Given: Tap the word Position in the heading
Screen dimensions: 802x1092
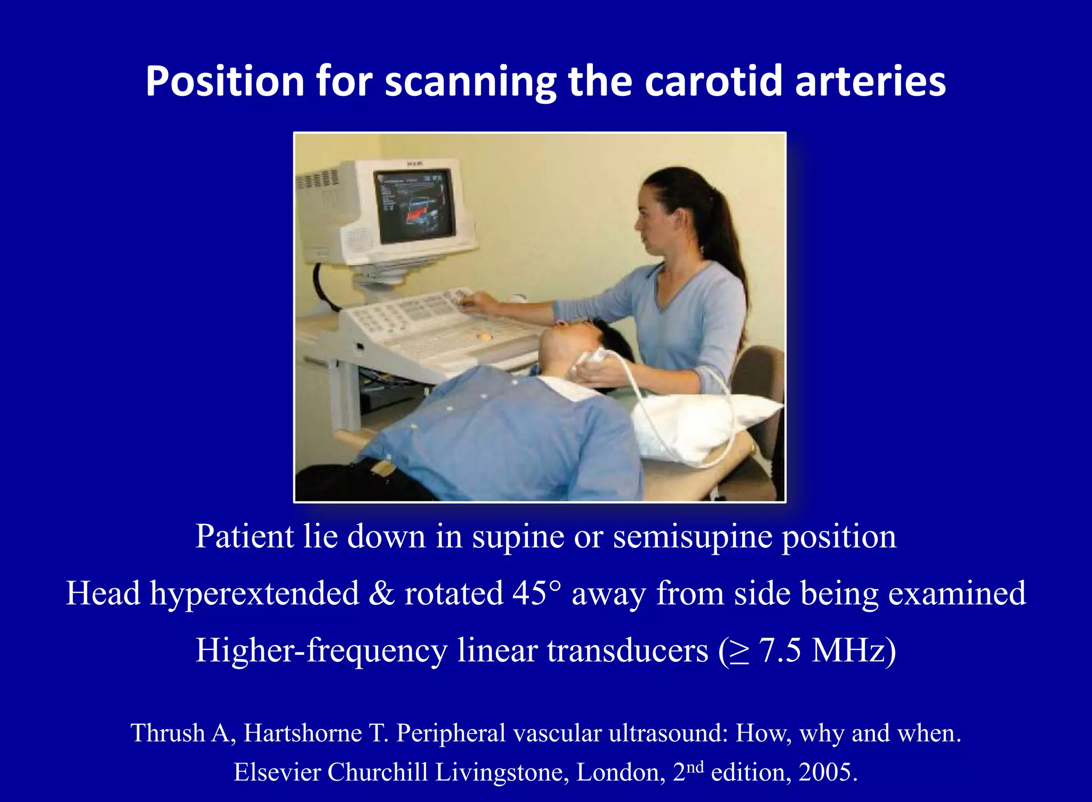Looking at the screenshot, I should pos(224,81).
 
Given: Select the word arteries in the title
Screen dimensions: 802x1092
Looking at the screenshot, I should pos(870,81).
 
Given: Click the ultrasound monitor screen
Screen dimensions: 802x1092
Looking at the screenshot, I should pos(414,205).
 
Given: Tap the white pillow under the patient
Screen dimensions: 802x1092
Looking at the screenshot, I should pos(704,426).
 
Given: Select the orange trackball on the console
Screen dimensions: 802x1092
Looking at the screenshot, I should pos(484,337).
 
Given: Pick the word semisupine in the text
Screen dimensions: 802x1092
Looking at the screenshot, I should pos(692,537).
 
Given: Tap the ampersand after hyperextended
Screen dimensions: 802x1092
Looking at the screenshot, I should pos(381,593).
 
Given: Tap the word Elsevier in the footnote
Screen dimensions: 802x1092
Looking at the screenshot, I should pos(277,772).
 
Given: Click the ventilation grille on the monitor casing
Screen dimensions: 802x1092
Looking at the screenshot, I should pos(318,179).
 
